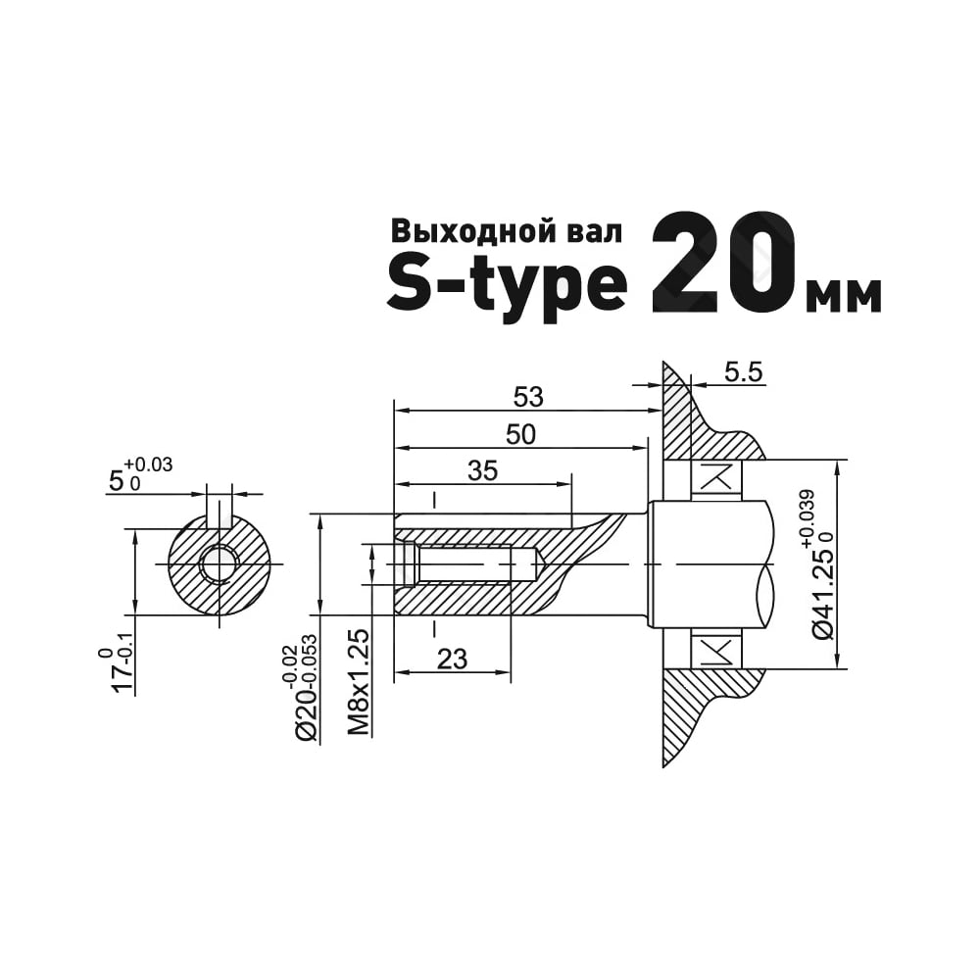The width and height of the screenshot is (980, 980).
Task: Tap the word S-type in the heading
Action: point(507,286)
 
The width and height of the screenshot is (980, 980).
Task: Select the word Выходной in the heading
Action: point(470,230)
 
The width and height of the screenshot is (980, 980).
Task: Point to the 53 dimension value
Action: point(528,397)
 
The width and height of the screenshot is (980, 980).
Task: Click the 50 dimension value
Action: point(520,434)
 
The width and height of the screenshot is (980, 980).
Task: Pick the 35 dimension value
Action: point(482,470)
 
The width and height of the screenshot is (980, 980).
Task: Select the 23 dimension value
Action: point(453,659)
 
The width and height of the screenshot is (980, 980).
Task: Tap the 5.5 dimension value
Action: point(744,372)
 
